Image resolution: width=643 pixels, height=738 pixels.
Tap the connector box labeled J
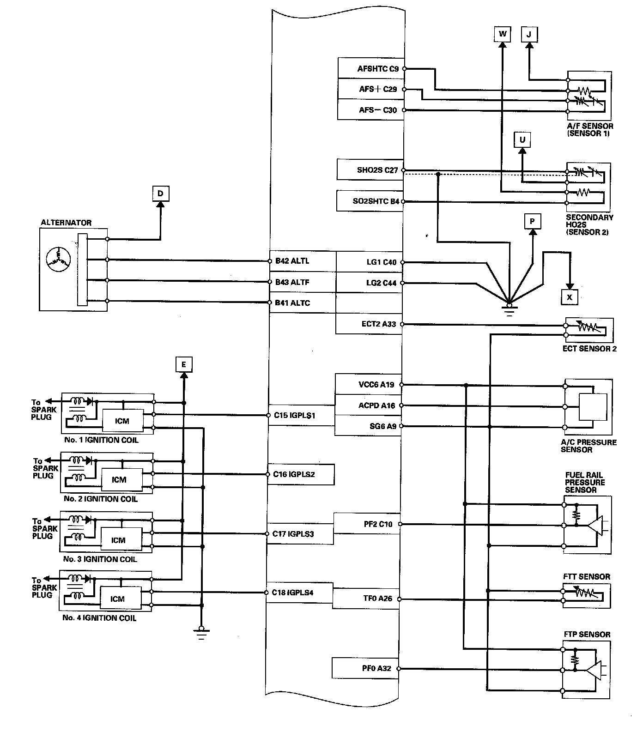click(x=529, y=34)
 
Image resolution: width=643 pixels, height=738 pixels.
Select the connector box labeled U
click(x=522, y=139)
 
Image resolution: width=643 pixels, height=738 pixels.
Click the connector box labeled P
click(x=532, y=222)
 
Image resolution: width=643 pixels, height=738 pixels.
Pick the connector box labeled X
click(x=570, y=297)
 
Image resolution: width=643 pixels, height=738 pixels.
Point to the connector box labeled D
click(x=160, y=193)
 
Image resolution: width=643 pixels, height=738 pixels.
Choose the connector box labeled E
click(x=183, y=365)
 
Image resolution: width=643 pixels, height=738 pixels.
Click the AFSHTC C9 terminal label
click(x=377, y=69)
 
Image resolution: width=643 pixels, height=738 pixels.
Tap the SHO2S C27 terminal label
click(x=377, y=170)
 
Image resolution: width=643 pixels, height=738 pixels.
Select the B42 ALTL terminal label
click(x=292, y=261)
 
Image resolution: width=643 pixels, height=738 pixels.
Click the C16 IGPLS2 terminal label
click(x=294, y=474)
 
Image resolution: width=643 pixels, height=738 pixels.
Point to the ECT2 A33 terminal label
click(x=379, y=324)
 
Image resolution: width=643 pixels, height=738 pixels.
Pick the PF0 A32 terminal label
click(x=376, y=668)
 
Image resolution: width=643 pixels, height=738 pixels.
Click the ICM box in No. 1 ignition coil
click(x=122, y=421)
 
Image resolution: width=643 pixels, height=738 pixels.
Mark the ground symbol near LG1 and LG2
click(x=509, y=308)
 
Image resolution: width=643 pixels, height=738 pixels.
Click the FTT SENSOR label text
click(x=587, y=576)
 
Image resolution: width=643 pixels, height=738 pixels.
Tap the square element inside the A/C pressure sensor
click(x=593, y=407)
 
